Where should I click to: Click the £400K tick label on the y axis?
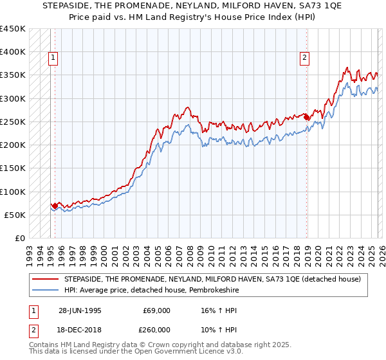13,52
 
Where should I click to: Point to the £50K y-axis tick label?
15,215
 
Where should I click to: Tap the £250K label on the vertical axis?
13,122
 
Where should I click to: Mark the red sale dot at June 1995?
55,206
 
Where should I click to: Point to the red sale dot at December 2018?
306,118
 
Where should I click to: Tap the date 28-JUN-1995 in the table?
80,310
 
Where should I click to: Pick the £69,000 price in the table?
157,310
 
